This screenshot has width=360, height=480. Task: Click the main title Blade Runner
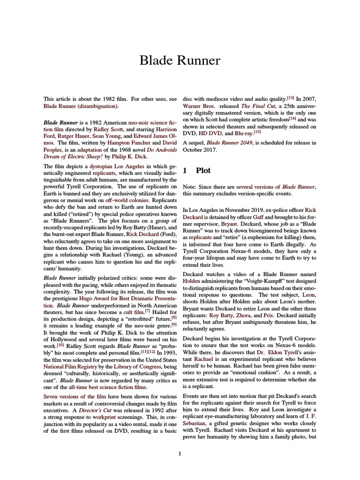point(180,60)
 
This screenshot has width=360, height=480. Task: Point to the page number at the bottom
point(180,453)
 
